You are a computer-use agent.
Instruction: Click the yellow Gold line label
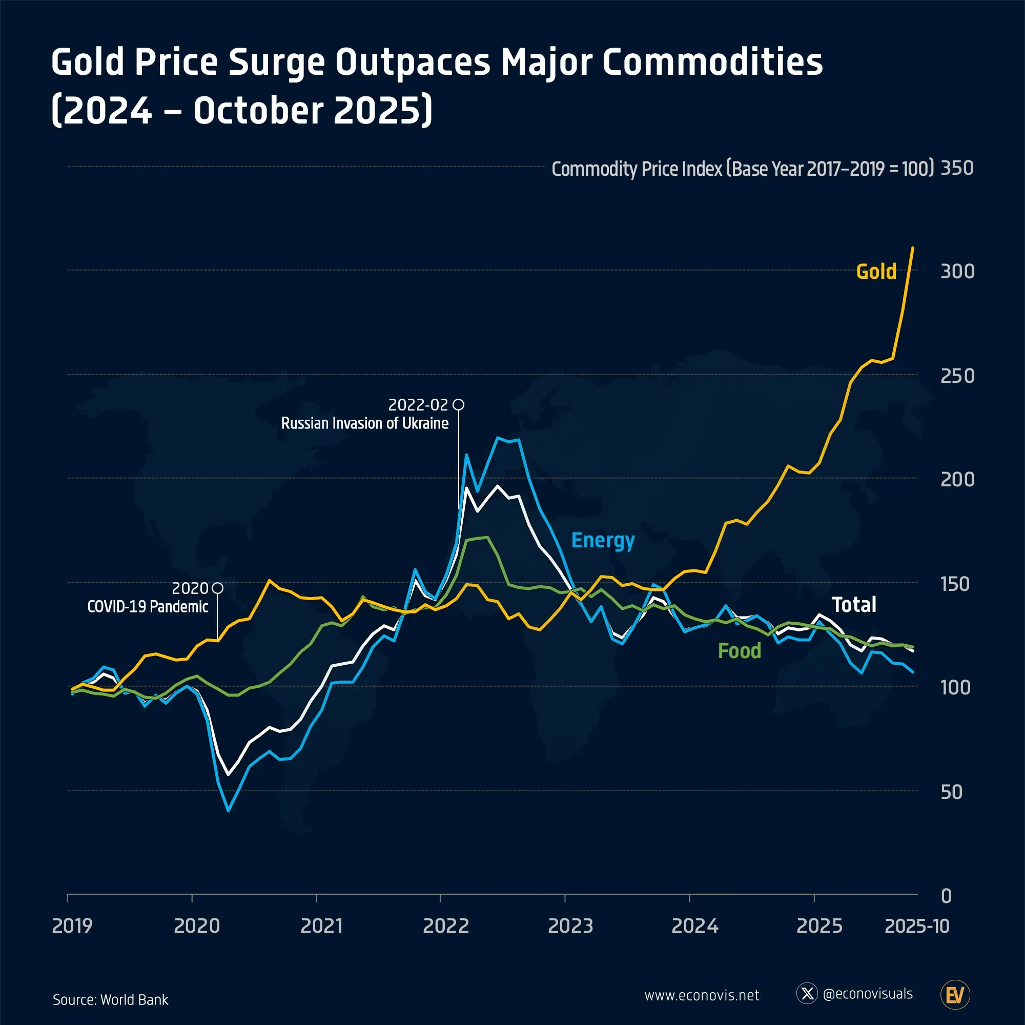coord(876,272)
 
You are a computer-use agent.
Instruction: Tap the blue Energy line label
coord(603,541)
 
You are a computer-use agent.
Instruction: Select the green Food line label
coord(739,651)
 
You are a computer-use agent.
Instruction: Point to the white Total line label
coord(854,605)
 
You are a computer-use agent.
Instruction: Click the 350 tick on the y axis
coord(957,168)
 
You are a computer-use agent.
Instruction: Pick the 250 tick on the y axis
coord(957,376)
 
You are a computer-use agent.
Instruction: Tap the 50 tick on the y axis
coord(951,792)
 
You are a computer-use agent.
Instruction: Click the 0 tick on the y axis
coord(946,896)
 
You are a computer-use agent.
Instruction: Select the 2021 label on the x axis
coord(321,926)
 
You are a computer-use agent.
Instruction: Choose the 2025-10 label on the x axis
coord(917,926)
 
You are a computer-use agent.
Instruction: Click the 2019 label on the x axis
coord(72,926)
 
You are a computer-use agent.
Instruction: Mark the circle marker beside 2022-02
coord(459,405)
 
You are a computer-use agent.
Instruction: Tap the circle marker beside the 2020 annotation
coord(217,588)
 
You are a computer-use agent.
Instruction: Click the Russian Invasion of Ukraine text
coord(364,423)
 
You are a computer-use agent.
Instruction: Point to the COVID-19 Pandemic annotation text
coord(148,606)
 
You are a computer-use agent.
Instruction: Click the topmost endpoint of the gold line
coord(913,248)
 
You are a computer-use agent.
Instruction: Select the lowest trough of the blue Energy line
coord(228,811)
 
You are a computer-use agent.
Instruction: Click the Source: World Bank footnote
coord(110,999)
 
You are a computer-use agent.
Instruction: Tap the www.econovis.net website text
coord(702,995)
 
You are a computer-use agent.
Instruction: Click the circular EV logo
coord(955,995)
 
